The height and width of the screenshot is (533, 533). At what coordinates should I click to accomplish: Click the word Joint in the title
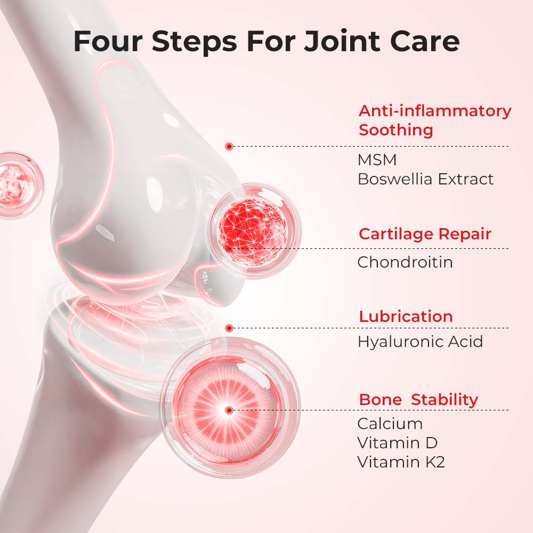342,42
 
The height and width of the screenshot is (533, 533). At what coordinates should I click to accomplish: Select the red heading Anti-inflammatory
435,111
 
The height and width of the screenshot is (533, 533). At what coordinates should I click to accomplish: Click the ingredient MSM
377,160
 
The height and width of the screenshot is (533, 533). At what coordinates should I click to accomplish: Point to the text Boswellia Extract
425,179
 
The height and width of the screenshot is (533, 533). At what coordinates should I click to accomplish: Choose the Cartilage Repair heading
425,234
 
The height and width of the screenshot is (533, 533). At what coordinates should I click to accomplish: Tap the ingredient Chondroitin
405,262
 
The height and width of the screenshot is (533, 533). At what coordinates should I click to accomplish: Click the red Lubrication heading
406,317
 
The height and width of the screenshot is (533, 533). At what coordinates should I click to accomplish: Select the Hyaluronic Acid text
420,342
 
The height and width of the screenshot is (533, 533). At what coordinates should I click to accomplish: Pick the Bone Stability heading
418,400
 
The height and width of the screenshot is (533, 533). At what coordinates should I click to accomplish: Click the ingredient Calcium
390,424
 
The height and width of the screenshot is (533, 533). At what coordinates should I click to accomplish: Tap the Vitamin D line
398,443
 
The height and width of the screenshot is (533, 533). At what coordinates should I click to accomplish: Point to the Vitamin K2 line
401,462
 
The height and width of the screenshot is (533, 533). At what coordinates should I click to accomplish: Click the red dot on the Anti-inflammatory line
229,147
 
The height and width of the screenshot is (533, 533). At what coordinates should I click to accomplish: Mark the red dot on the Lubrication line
229,328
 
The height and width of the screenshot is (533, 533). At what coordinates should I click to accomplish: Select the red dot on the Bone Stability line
229,410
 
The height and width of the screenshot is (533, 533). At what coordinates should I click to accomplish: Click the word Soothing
396,130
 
